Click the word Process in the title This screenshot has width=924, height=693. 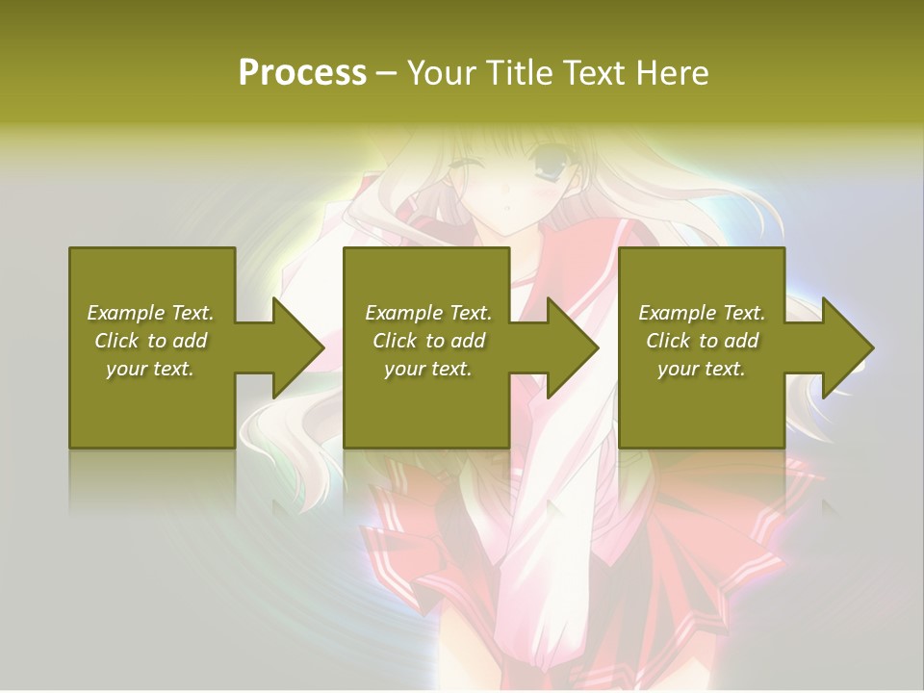pos(302,73)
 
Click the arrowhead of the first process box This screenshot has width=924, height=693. pos(298,347)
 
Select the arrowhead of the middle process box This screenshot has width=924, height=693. pos(573,347)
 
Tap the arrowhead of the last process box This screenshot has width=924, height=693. pos(848,347)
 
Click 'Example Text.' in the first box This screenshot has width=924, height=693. pos(150,313)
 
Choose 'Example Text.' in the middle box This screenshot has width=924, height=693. pos(428,313)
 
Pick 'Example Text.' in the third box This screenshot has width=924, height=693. pos(702,313)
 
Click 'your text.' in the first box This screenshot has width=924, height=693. pos(150,369)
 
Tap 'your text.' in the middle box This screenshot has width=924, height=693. pos(428,369)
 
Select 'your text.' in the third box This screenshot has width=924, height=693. pos(702,369)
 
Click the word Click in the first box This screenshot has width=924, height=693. pos(116,341)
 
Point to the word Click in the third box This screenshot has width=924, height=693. pos(668,341)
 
